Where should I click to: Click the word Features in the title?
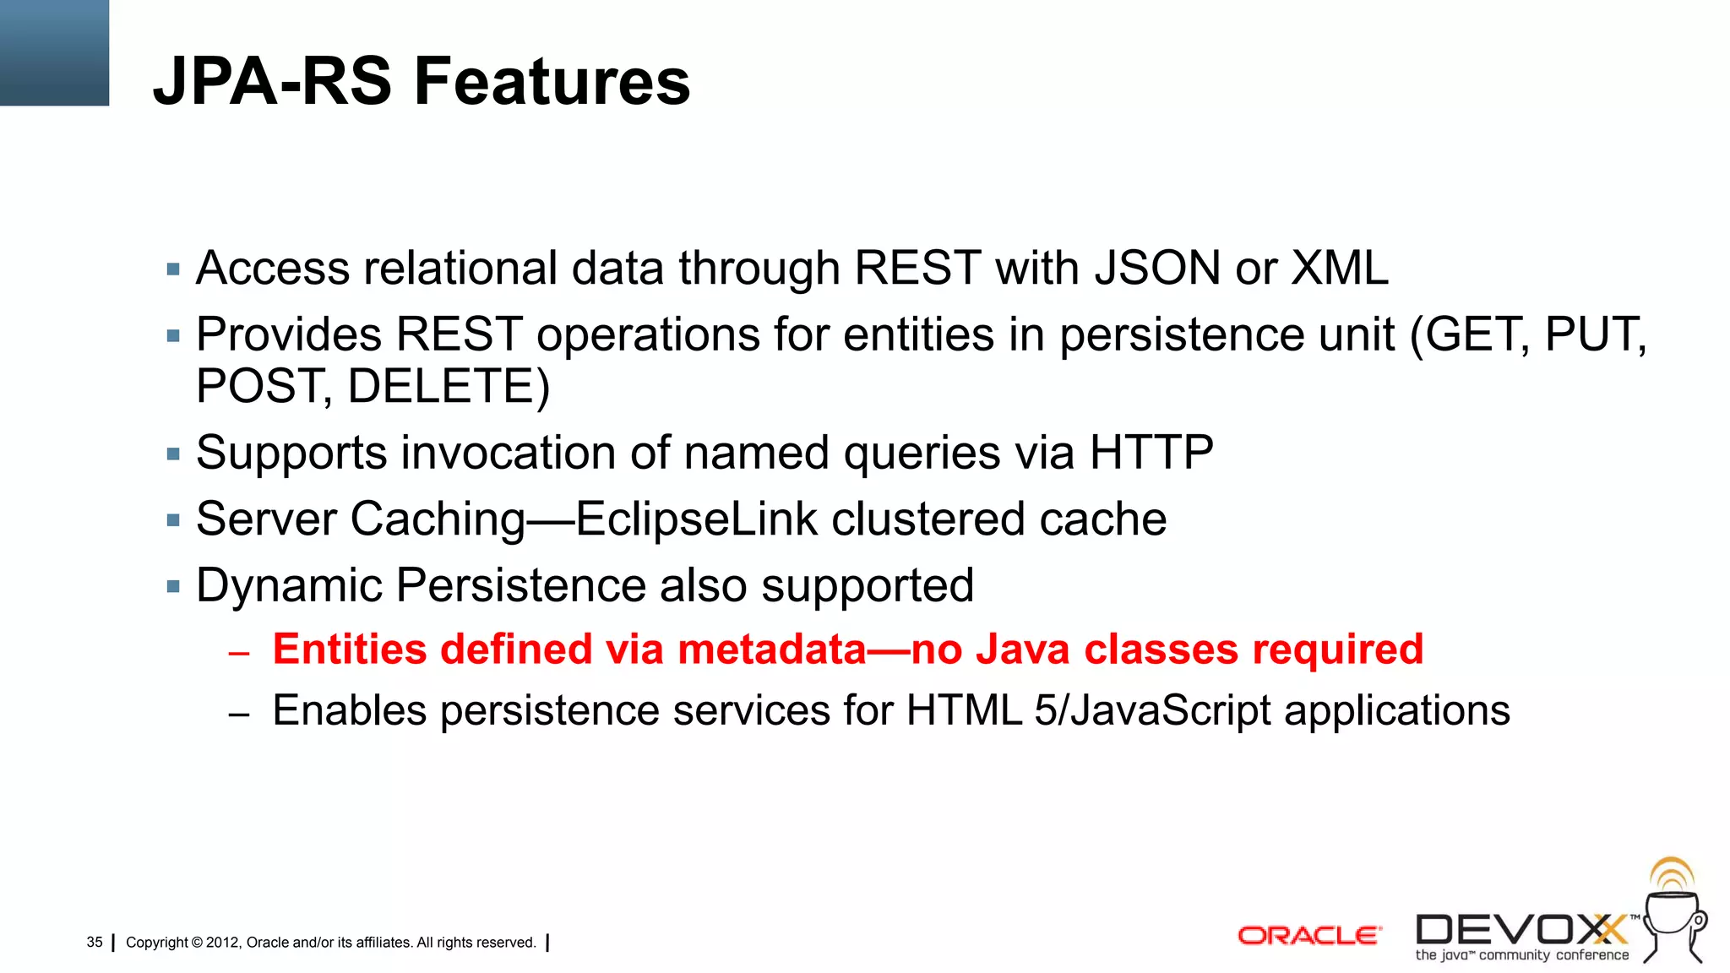click(552, 82)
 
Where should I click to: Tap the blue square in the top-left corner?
click(54, 52)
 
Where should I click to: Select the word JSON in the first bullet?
click(1157, 269)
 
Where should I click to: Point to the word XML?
click(1340, 269)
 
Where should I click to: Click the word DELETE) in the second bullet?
click(449, 387)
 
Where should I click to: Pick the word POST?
click(258, 387)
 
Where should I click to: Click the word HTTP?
click(1151, 453)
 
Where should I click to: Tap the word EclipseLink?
click(696, 519)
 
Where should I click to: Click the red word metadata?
click(771, 650)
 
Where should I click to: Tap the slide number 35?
click(95, 942)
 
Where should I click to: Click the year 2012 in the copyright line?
click(222, 943)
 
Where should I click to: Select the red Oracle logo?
click(1308, 935)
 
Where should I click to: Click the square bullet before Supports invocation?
click(174, 454)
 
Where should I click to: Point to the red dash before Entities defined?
click(239, 653)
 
